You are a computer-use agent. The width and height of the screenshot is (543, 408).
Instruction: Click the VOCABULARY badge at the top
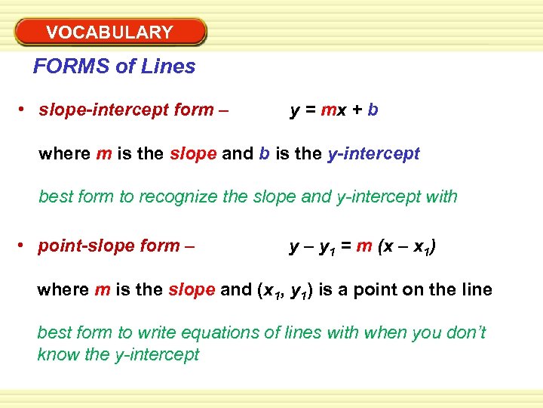[x=109, y=32]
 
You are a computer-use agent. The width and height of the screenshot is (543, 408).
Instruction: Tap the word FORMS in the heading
[x=72, y=66]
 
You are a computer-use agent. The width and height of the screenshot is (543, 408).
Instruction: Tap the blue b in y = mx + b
[x=373, y=110]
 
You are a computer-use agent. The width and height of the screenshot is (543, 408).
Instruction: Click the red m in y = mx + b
[x=329, y=110]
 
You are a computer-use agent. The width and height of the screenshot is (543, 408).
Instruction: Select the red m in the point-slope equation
[x=364, y=246]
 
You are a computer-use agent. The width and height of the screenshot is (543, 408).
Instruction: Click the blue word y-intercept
[x=373, y=154]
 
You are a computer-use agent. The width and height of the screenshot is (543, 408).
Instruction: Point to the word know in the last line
[x=57, y=354]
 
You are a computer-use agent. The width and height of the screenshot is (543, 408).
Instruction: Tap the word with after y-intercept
[x=441, y=197]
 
